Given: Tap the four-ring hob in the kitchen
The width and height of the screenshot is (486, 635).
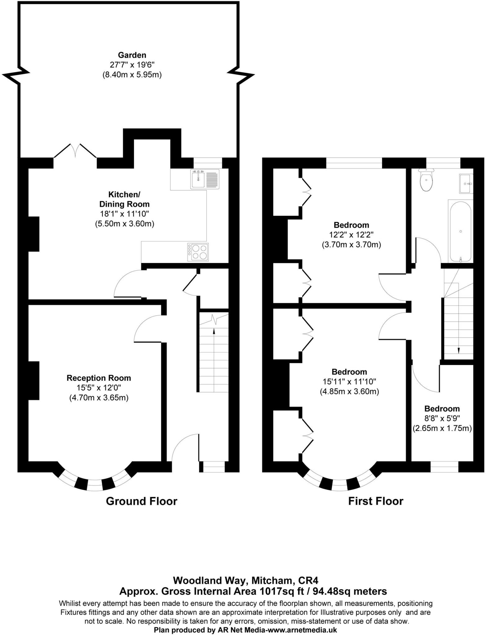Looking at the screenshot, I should click(x=200, y=252).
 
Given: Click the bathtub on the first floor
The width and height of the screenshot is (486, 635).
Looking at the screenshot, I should click(x=460, y=231).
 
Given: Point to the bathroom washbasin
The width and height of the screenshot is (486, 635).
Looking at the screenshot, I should click(x=466, y=184).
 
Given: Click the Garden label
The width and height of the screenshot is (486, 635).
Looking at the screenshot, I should click(x=132, y=55).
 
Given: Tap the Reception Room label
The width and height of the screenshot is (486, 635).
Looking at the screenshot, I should click(x=99, y=378).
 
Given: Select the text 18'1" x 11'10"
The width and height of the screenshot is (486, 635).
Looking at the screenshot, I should click(x=124, y=214).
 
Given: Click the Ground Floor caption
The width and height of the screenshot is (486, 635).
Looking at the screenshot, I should click(x=141, y=501).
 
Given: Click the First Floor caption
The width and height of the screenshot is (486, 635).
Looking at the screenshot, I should click(x=376, y=501).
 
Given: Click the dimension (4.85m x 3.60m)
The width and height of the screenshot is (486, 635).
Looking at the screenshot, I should click(x=349, y=391).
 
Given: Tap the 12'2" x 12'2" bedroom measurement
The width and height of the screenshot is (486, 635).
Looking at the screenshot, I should click(x=351, y=235).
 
